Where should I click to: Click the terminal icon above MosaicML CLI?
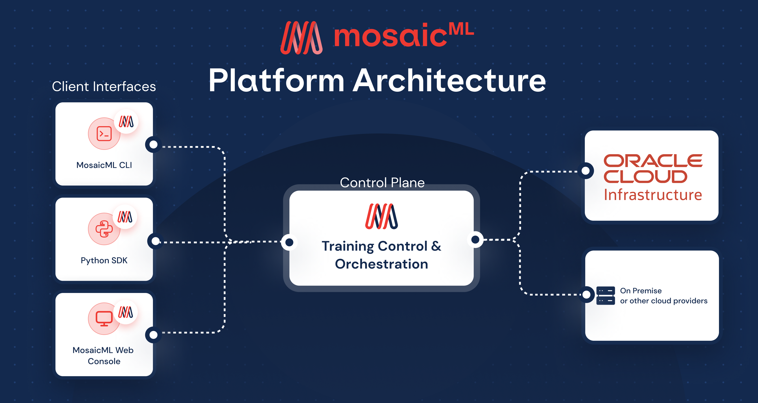(104, 134)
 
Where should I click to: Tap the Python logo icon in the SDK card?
(104, 229)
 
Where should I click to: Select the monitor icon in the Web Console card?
(104, 319)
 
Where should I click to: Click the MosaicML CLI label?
(104, 165)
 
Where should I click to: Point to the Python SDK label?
(104, 260)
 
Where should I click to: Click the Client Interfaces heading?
(104, 87)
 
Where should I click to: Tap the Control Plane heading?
(382, 183)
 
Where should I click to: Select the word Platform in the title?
(276, 81)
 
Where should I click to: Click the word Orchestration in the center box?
(381, 264)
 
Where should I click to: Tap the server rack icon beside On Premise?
(606, 296)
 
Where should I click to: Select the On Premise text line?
(641, 291)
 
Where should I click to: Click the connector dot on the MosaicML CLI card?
(154, 144)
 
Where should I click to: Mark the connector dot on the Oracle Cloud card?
(586, 171)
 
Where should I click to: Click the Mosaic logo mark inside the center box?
(381, 216)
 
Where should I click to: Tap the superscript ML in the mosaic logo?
(461, 29)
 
